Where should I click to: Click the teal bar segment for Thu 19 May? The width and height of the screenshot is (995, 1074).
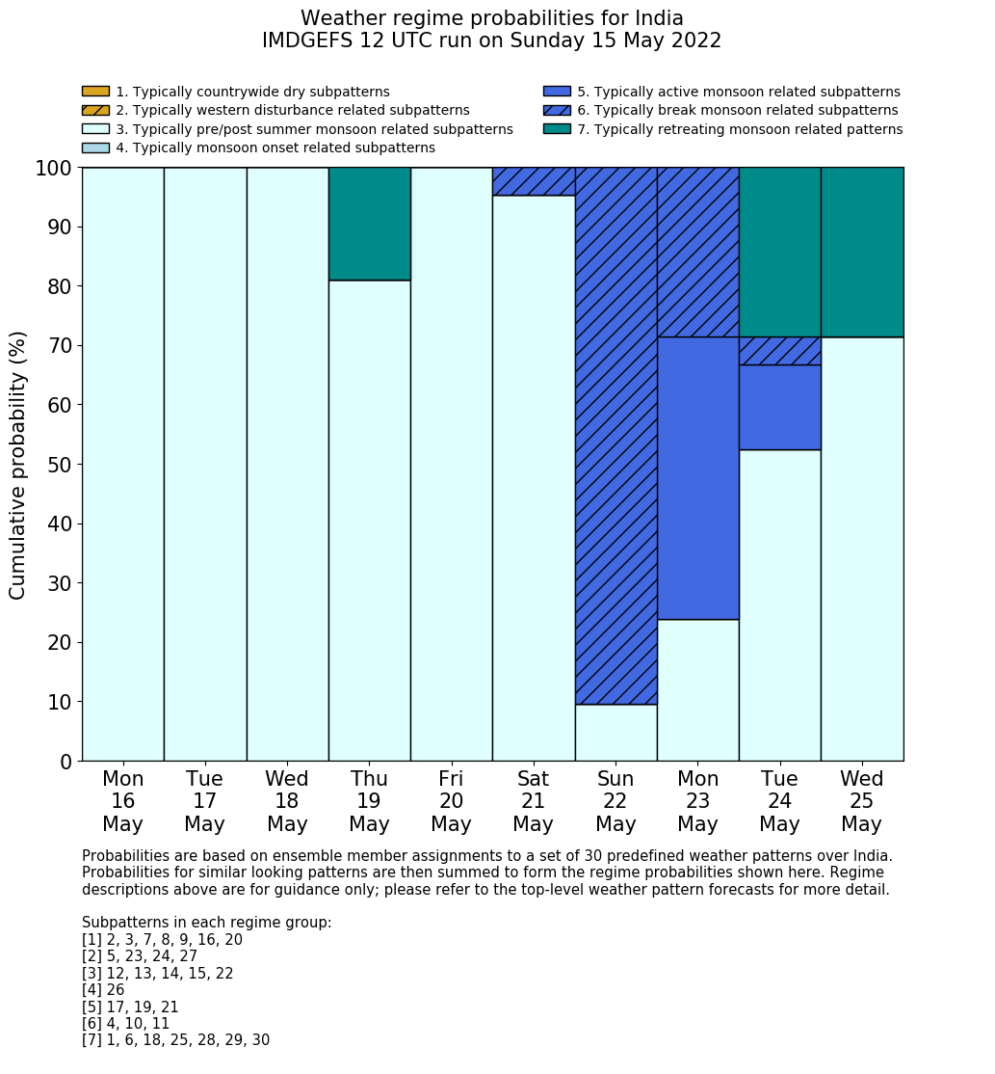coord(369,224)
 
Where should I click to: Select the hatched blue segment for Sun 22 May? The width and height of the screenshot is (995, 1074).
coord(615,435)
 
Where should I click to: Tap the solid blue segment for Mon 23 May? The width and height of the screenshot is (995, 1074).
coord(697,478)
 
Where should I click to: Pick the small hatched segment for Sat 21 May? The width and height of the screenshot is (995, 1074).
coord(534,181)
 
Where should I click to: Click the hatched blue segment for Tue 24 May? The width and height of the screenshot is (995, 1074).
coord(779,351)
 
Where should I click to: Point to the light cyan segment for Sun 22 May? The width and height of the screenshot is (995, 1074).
coord(615,733)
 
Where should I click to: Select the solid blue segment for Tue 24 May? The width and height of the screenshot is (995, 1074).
coord(779,407)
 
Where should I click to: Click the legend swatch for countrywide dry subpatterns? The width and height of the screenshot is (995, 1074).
coord(95,92)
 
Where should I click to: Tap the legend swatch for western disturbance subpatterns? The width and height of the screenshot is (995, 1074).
coord(95,110)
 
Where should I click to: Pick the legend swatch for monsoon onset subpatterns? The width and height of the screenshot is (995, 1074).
coord(95,148)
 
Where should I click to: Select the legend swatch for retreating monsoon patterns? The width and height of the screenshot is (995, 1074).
coord(557,129)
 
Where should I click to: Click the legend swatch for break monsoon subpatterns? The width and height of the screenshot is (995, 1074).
coord(557,110)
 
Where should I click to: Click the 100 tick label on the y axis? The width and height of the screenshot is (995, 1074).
coord(54,168)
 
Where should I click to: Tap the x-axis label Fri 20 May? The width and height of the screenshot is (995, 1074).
coord(451,801)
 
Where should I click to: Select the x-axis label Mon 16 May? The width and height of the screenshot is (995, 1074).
coord(122,801)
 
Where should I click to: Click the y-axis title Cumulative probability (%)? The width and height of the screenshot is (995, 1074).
coord(18,464)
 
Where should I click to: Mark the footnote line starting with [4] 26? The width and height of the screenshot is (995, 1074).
coord(103,990)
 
